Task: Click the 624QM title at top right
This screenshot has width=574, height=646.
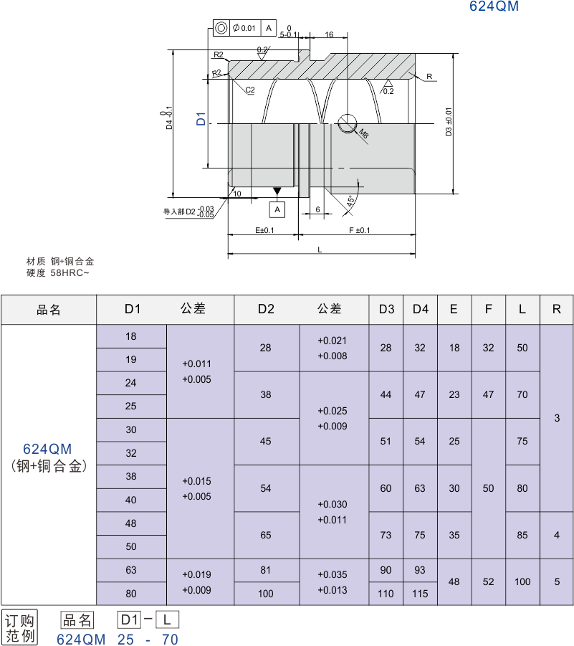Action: point(494,6)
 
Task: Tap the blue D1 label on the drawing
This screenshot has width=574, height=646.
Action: point(201,119)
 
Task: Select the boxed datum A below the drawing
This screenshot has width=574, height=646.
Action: point(277,209)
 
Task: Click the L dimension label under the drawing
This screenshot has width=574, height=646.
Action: point(320,249)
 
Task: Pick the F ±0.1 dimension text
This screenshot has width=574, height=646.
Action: point(359,230)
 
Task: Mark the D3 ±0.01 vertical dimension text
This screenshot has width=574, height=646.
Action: point(449,123)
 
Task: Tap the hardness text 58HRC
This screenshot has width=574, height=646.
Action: point(68,272)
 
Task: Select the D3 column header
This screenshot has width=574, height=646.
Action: point(386,309)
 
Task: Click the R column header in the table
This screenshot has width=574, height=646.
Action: point(557,309)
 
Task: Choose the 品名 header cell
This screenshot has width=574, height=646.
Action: point(49,310)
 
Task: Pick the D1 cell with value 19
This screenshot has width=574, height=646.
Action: point(131,359)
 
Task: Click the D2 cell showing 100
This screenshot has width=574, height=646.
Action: point(266,593)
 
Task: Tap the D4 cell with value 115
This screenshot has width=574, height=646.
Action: point(420,593)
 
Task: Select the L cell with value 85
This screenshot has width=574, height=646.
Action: point(522,535)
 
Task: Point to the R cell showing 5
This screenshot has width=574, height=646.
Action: point(557,581)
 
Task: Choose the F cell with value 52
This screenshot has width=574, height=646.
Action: point(489,581)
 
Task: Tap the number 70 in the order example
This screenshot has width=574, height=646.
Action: point(169,639)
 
